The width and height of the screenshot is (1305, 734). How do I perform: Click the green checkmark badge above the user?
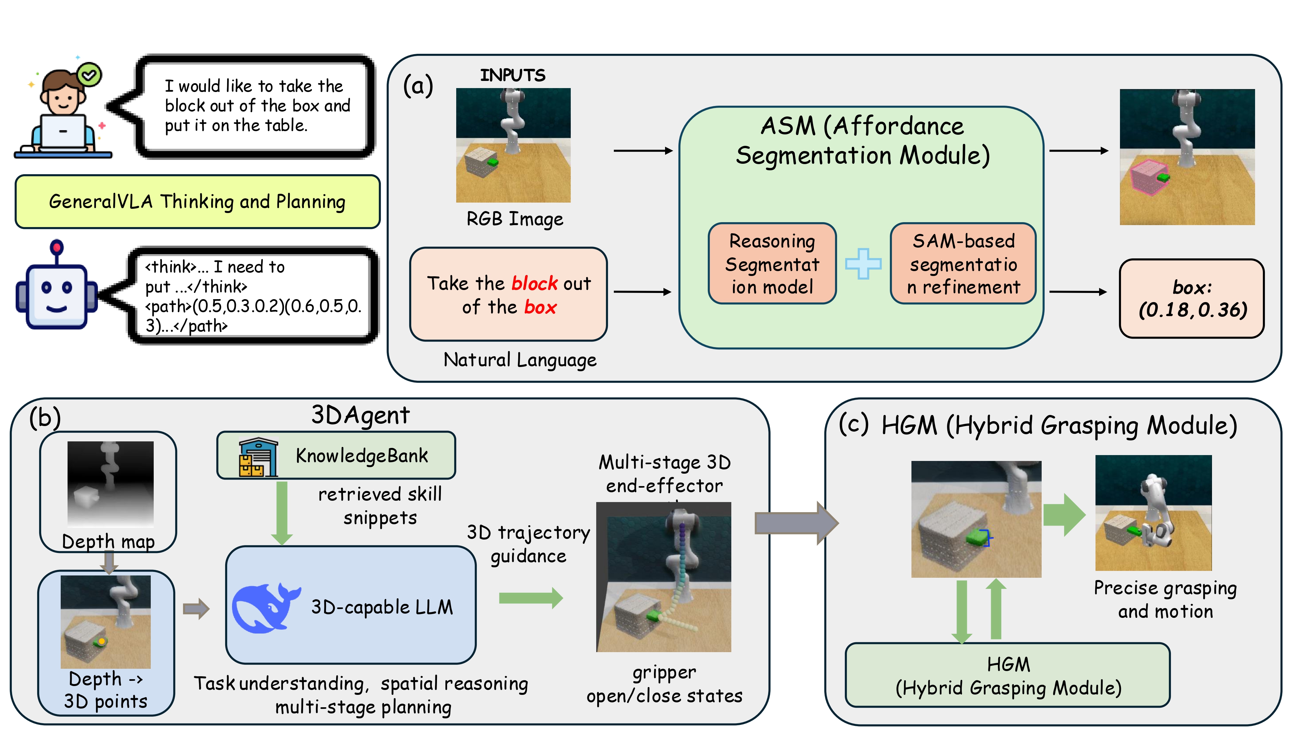pos(90,75)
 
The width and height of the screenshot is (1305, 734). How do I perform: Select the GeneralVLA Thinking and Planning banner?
pos(197,202)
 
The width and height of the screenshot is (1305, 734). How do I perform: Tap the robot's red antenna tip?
pos(57,247)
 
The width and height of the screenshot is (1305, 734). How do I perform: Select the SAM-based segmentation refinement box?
pos(963,264)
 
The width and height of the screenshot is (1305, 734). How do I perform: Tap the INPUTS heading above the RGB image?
pos(513,75)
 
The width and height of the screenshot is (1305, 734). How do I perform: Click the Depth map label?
pos(108,542)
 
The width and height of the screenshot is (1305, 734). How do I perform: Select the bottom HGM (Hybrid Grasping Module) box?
pos(1008,675)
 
